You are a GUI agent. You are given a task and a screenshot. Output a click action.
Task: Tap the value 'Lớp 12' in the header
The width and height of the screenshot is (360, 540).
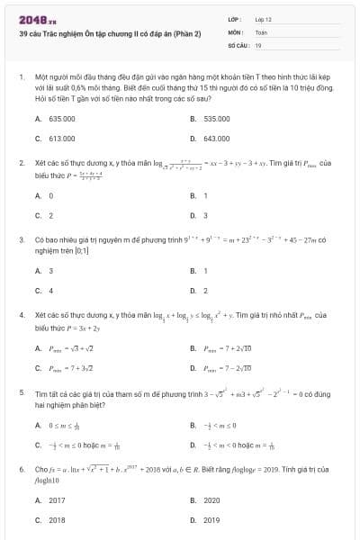pyautogui.click(x=264, y=19)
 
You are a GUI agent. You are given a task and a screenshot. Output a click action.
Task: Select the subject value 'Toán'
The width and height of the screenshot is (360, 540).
pyautogui.click(x=261, y=31)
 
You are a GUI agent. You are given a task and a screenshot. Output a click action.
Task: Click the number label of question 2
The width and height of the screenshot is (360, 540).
pyautogui.click(x=21, y=164)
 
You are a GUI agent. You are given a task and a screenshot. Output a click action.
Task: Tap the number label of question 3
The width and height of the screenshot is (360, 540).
pyautogui.click(x=21, y=240)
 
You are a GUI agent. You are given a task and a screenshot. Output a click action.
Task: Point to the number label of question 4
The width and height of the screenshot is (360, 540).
pyautogui.click(x=21, y=316)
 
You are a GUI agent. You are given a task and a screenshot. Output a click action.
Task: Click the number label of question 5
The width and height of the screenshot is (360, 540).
pyautogui.click(x=21, y=393)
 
